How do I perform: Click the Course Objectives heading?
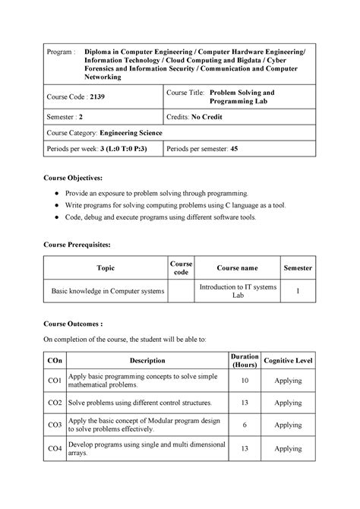coord(77,177)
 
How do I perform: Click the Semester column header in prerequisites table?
coord(298,268)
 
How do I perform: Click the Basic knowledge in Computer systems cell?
coord(106,291)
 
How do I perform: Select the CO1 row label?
coord(55,381)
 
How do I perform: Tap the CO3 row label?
coord(55,426)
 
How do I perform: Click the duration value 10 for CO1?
coord(245,381)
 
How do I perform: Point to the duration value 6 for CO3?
coord(245,426)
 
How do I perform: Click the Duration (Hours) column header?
coord(245,361)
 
